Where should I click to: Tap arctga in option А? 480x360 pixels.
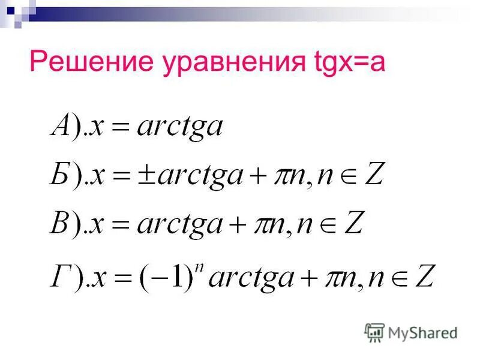179,128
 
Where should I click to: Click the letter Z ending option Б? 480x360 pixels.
373,175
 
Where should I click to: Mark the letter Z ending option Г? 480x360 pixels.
425,278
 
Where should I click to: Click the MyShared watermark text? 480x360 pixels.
422,332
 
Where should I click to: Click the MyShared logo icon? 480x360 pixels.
374,332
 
